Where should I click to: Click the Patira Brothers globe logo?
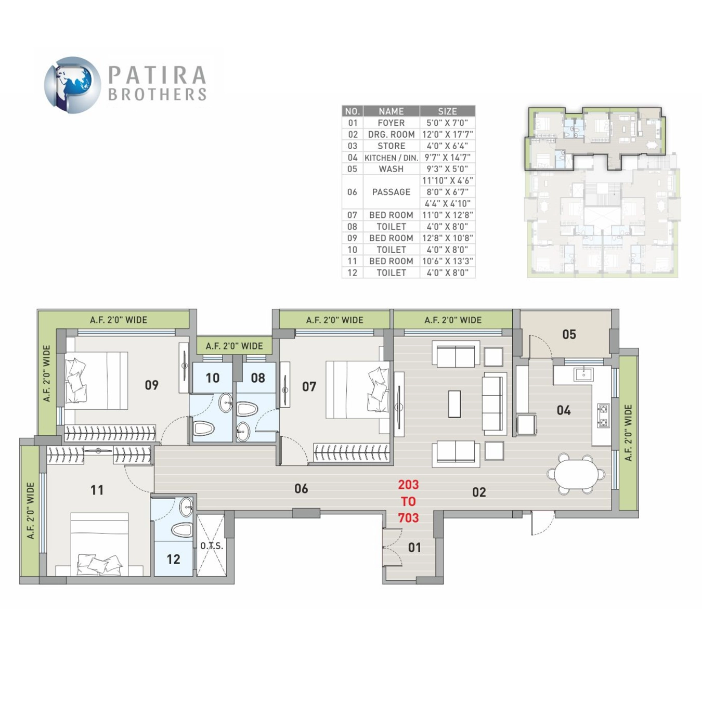click(x=72, y=85)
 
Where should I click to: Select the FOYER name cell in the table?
click(x=391, y=123)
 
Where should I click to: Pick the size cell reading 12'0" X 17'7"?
click(x=447, y=135)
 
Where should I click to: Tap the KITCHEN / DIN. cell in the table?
click(x=391, y=158)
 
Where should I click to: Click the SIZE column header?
click(x=447, y=111)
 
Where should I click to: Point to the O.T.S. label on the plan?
click(x=211, y=545)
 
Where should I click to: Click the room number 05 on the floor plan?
click(x=569, y=334)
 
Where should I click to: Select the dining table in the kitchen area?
click(x=576, y=474)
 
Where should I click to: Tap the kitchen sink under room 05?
click(x=583, y=374)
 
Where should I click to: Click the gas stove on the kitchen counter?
click(x=604, y=415)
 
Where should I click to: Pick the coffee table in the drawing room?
click(x=454, y=404)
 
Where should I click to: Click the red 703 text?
click(x=408, y=518)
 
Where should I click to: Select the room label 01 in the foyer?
click(x=414, y=547)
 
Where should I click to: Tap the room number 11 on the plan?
click(x=97, y=490)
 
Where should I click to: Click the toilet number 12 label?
click(x=173, y=559)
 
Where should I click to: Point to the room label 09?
click(x=151, y=385)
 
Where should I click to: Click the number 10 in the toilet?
click(x=212, y=378)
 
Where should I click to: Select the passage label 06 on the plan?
click(x=301, y=488)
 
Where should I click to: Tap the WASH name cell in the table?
click(x=391, y=169)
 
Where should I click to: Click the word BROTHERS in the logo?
click(x=158, y=94)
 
